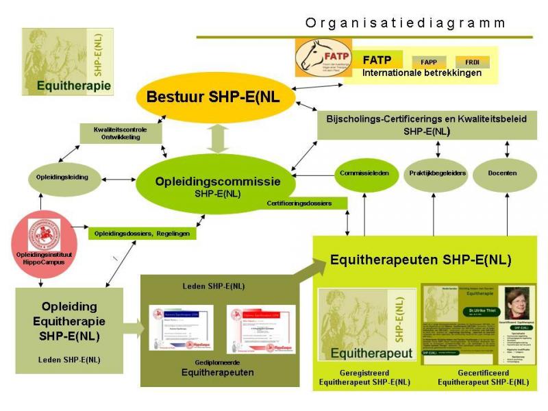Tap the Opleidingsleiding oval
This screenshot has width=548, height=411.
[x=62, y=177]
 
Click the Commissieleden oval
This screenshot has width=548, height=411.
[x=364, y=173]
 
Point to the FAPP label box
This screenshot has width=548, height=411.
[x=429, y=61]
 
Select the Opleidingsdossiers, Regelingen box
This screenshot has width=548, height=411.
[x=142, y=234]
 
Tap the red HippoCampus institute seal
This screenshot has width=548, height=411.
[x=44, y=236]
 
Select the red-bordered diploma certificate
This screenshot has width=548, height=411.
[x=261, y=328]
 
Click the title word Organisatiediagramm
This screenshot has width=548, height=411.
[x=406, y=23]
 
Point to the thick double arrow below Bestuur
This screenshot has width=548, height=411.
[x=218, y=139]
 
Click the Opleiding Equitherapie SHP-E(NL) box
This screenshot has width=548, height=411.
[x=69, y=321]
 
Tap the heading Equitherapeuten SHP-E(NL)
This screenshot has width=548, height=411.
[x=421, y=260]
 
